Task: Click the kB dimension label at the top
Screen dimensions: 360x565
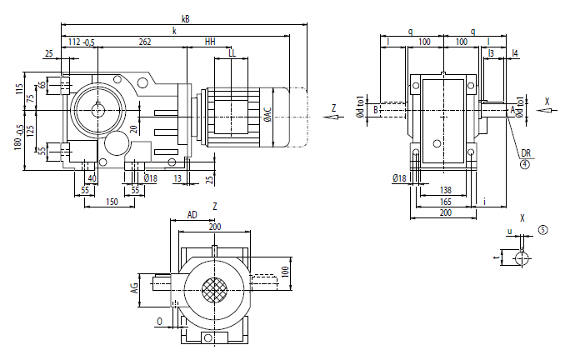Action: tap(184, 17)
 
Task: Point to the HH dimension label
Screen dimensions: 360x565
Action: tap(210, 42)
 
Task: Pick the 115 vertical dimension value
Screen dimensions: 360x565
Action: tap(18, 87)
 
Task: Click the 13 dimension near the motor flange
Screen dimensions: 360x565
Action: tap(177, 177)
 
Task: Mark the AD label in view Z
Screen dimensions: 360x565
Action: tap(192, 215)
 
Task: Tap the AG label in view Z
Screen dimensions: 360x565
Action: tap(133, 288)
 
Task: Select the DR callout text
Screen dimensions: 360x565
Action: tap(526, 153)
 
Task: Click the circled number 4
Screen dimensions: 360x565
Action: tap(526, 164)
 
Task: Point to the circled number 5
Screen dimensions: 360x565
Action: tap(542, 228)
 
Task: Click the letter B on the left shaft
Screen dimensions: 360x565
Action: tap(377, 108)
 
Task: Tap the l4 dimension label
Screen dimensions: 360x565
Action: tap(516, 53)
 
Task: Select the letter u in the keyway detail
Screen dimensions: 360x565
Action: tap(509, 232)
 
